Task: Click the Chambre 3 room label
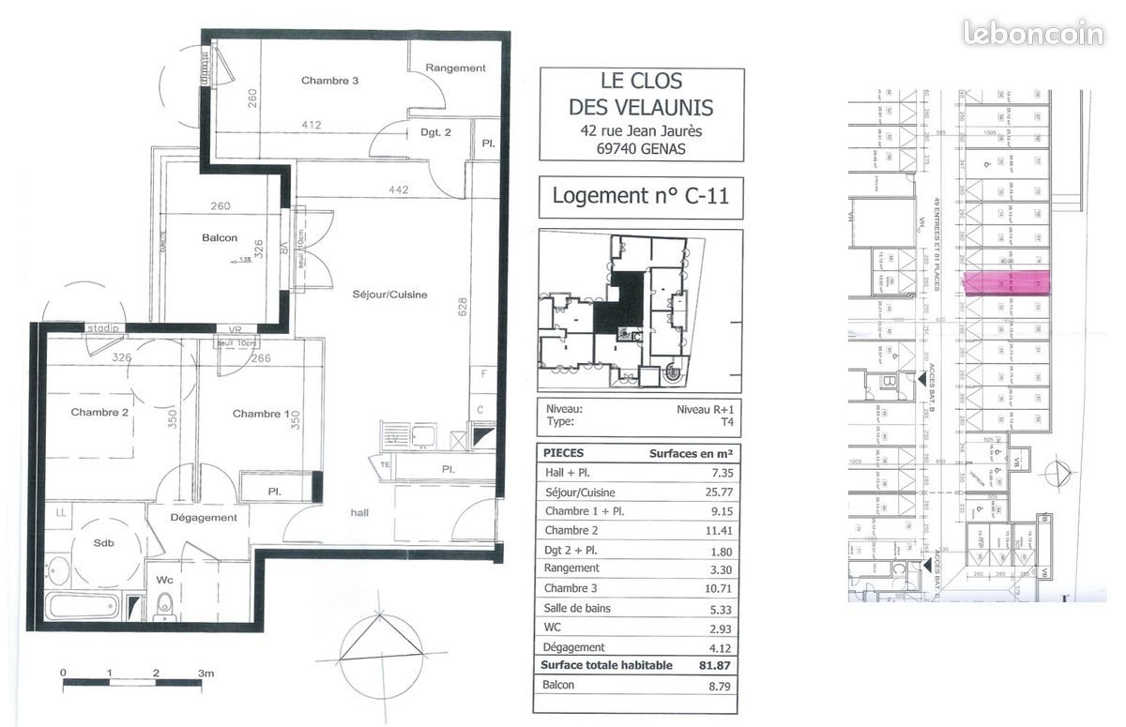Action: (x=329, y=81)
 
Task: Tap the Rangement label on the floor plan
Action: (x=455, y=68)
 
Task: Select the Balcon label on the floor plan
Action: (x=220, y=237)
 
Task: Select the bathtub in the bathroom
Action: (x=83, y=605)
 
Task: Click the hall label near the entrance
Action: (x=359, y=512)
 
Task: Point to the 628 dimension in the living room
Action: (x=461, y=307)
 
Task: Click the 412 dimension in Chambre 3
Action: (x=312, y=125)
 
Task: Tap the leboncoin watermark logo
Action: (x=1033, y=34)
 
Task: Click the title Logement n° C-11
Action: (x=640, y=197)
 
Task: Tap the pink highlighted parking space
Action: (x=1007, y=283)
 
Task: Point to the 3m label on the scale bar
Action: (x=205, y=673)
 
